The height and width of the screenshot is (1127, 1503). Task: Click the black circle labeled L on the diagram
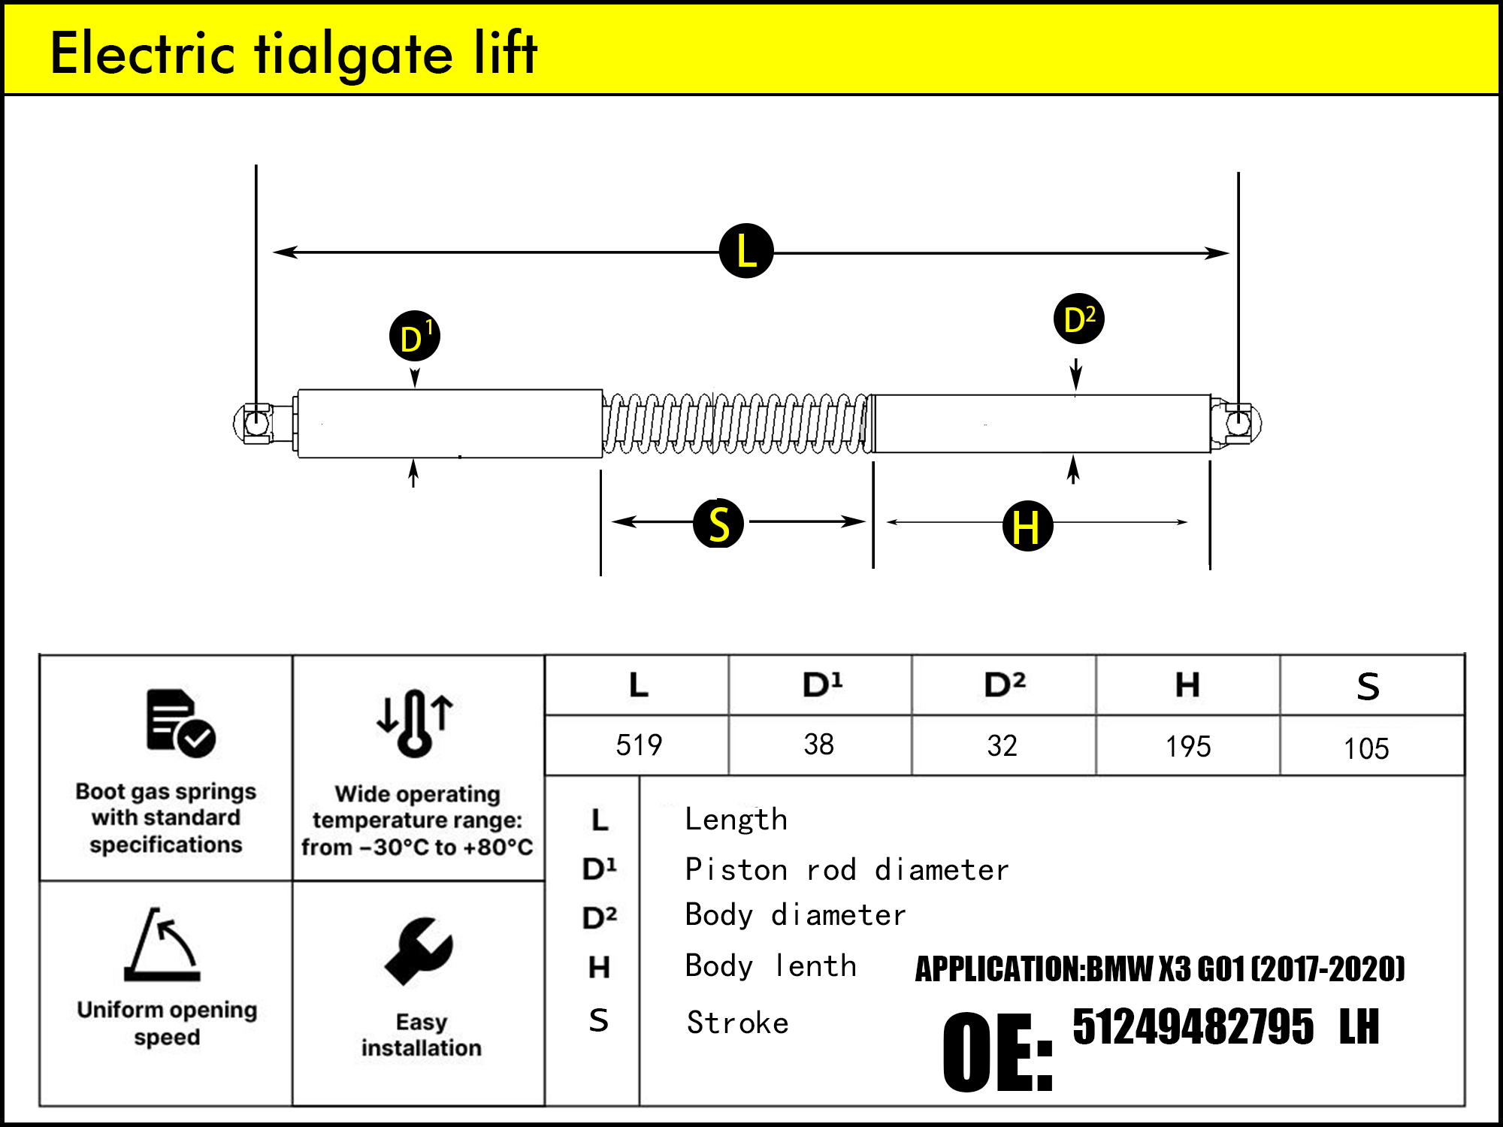746,251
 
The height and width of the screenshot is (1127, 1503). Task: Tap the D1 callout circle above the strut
415,337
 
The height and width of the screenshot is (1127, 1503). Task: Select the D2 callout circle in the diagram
1079,319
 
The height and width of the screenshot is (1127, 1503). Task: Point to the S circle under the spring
718,524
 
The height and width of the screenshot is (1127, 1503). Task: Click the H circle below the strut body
1027,526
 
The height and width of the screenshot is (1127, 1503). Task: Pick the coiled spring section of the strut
736,424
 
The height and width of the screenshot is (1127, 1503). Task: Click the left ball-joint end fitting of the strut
256,423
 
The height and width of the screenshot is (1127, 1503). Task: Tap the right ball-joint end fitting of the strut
1238,422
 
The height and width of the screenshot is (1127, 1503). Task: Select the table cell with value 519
639,745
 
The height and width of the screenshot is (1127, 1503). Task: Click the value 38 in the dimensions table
819,745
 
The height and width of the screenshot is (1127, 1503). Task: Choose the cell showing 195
1188,746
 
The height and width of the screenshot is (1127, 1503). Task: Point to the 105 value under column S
1366,748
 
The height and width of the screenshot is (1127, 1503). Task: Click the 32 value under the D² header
1003,745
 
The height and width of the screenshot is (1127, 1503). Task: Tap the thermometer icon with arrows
415,722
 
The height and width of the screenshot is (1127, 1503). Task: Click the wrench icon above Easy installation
419,950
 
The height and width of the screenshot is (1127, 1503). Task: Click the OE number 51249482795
1193,1026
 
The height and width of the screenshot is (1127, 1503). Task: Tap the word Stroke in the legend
738,1023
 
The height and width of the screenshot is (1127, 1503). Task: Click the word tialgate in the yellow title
353,54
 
